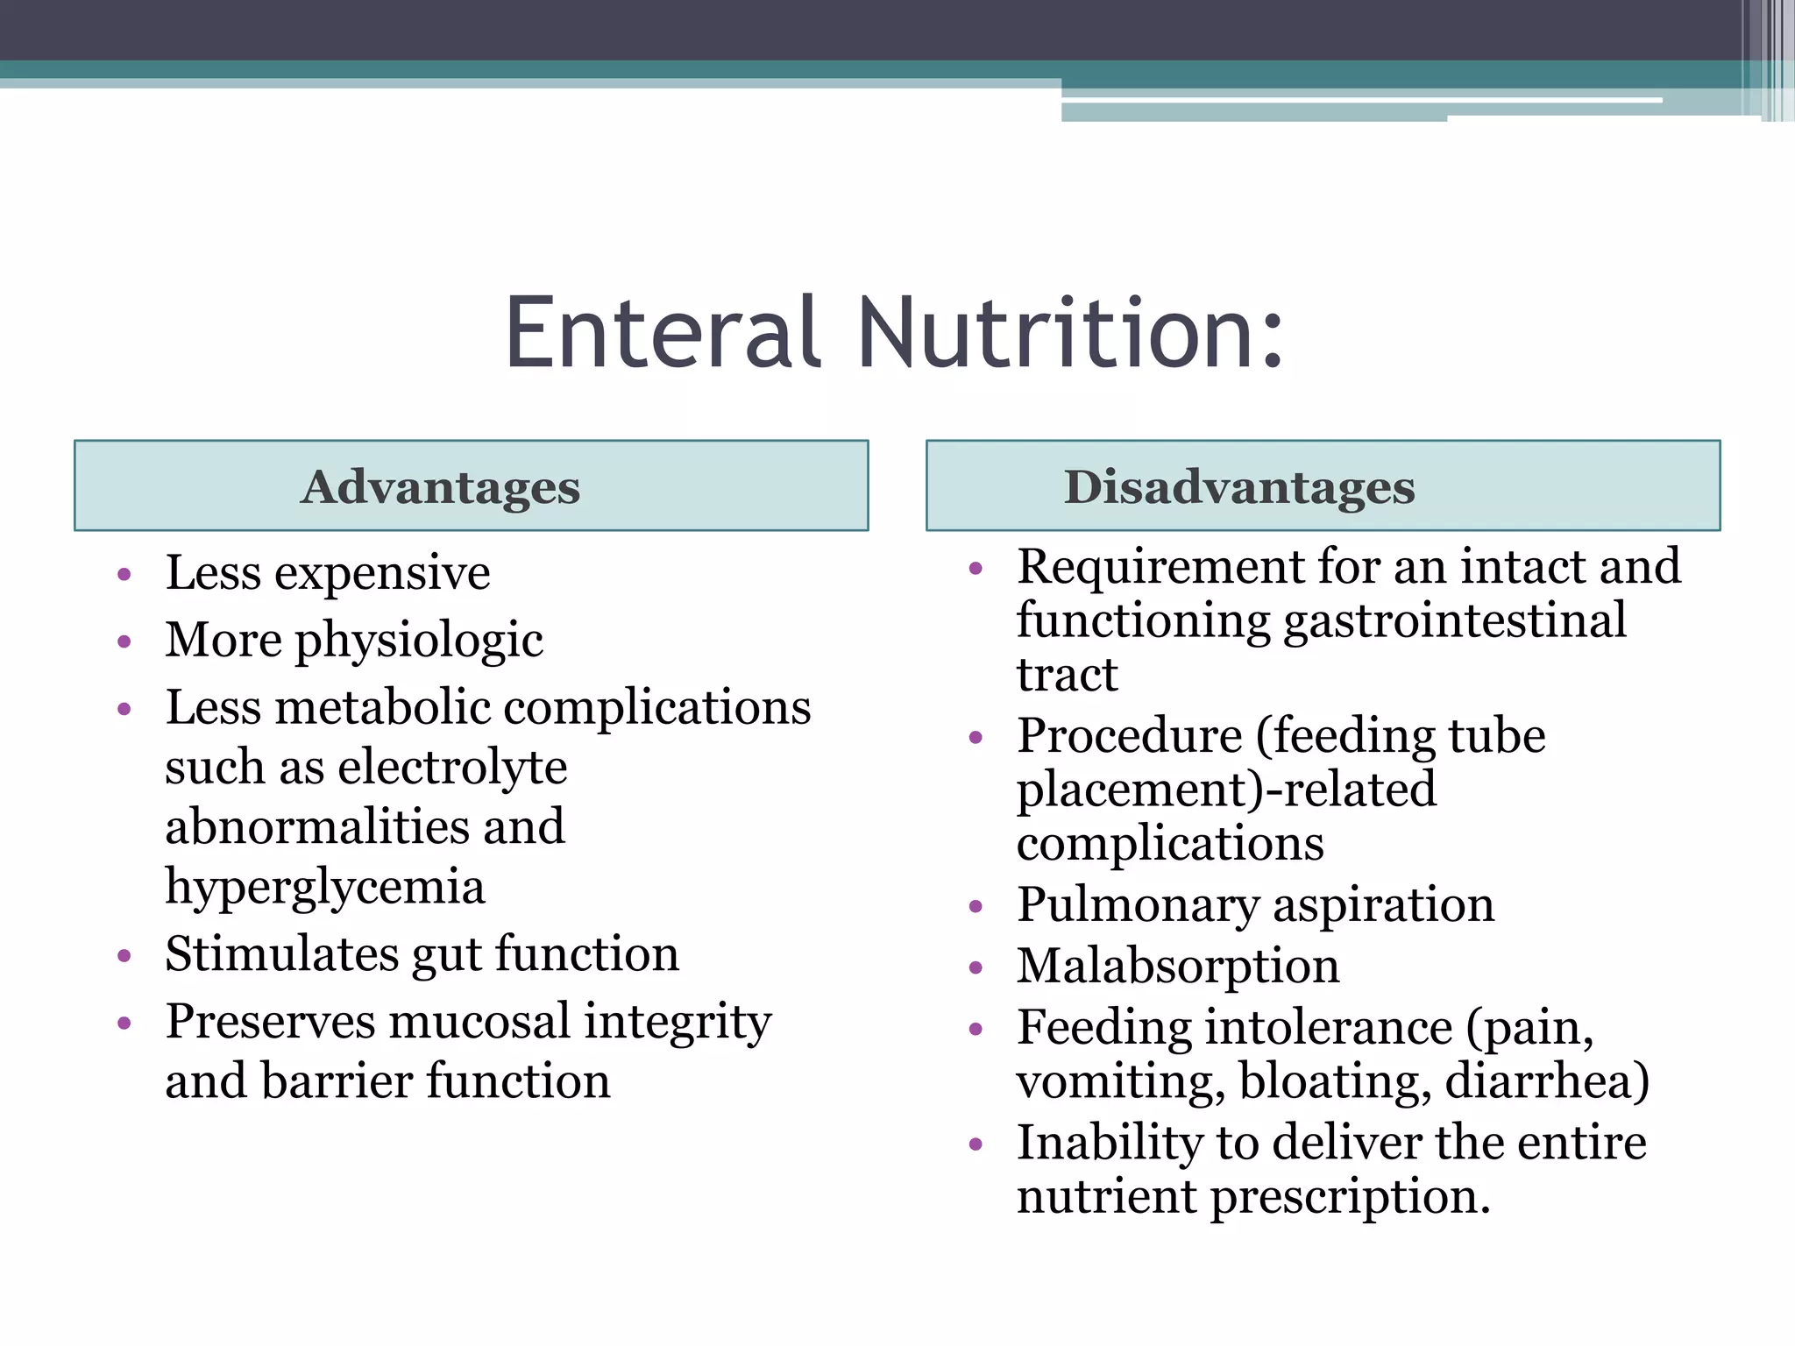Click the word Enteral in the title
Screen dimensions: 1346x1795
(663, 333)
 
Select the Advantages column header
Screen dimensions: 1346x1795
(440, 486)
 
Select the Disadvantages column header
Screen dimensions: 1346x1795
(1238, 486)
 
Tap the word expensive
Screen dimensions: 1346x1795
(382, 575)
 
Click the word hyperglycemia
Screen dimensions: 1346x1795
(325, 887)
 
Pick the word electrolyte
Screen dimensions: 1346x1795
(452, 768)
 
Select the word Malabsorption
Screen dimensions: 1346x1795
(1178, 966)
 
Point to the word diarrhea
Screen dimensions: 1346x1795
(1547, 1080)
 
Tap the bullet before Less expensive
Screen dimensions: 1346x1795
(124, 575)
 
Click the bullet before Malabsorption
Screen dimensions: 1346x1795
(976, 967)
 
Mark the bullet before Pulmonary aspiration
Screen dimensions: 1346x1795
(976, 906)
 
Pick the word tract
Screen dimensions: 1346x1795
(1067, 675)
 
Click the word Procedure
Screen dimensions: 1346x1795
(1129, 735)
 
